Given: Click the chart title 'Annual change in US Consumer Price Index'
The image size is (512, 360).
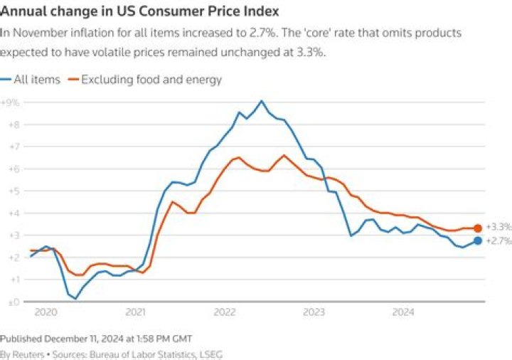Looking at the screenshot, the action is (x=139, y=11).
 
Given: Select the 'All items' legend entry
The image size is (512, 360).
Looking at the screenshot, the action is (x=31, y=80).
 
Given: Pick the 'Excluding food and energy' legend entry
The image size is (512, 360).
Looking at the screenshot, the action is (x=144, y=80).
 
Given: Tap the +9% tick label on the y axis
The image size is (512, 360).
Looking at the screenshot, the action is (x=10, y=102).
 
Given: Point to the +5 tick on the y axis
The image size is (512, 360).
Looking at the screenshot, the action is (x=14, y=191).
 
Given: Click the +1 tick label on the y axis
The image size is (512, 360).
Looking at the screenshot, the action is (x=14, y=280).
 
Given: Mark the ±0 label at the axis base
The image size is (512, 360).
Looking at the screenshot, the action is (x=14, y=302).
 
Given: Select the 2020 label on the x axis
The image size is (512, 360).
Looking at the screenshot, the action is (x=46, y=312).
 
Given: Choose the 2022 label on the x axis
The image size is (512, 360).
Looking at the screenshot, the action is (x=225, y=312).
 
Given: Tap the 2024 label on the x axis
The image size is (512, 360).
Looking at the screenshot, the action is (x=403, y=312).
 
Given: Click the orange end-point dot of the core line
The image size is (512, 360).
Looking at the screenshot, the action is (x=478, y=228).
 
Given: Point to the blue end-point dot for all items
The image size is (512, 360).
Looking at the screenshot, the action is (x=478, y=240).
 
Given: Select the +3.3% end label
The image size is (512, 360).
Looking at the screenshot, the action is (x=498, y=227).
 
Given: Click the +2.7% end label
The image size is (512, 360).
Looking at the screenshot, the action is (x=498, y=241).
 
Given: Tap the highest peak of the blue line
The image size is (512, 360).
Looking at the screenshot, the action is (x=261, y=101).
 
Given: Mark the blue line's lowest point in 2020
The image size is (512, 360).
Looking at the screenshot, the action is (x=75, y=298).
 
